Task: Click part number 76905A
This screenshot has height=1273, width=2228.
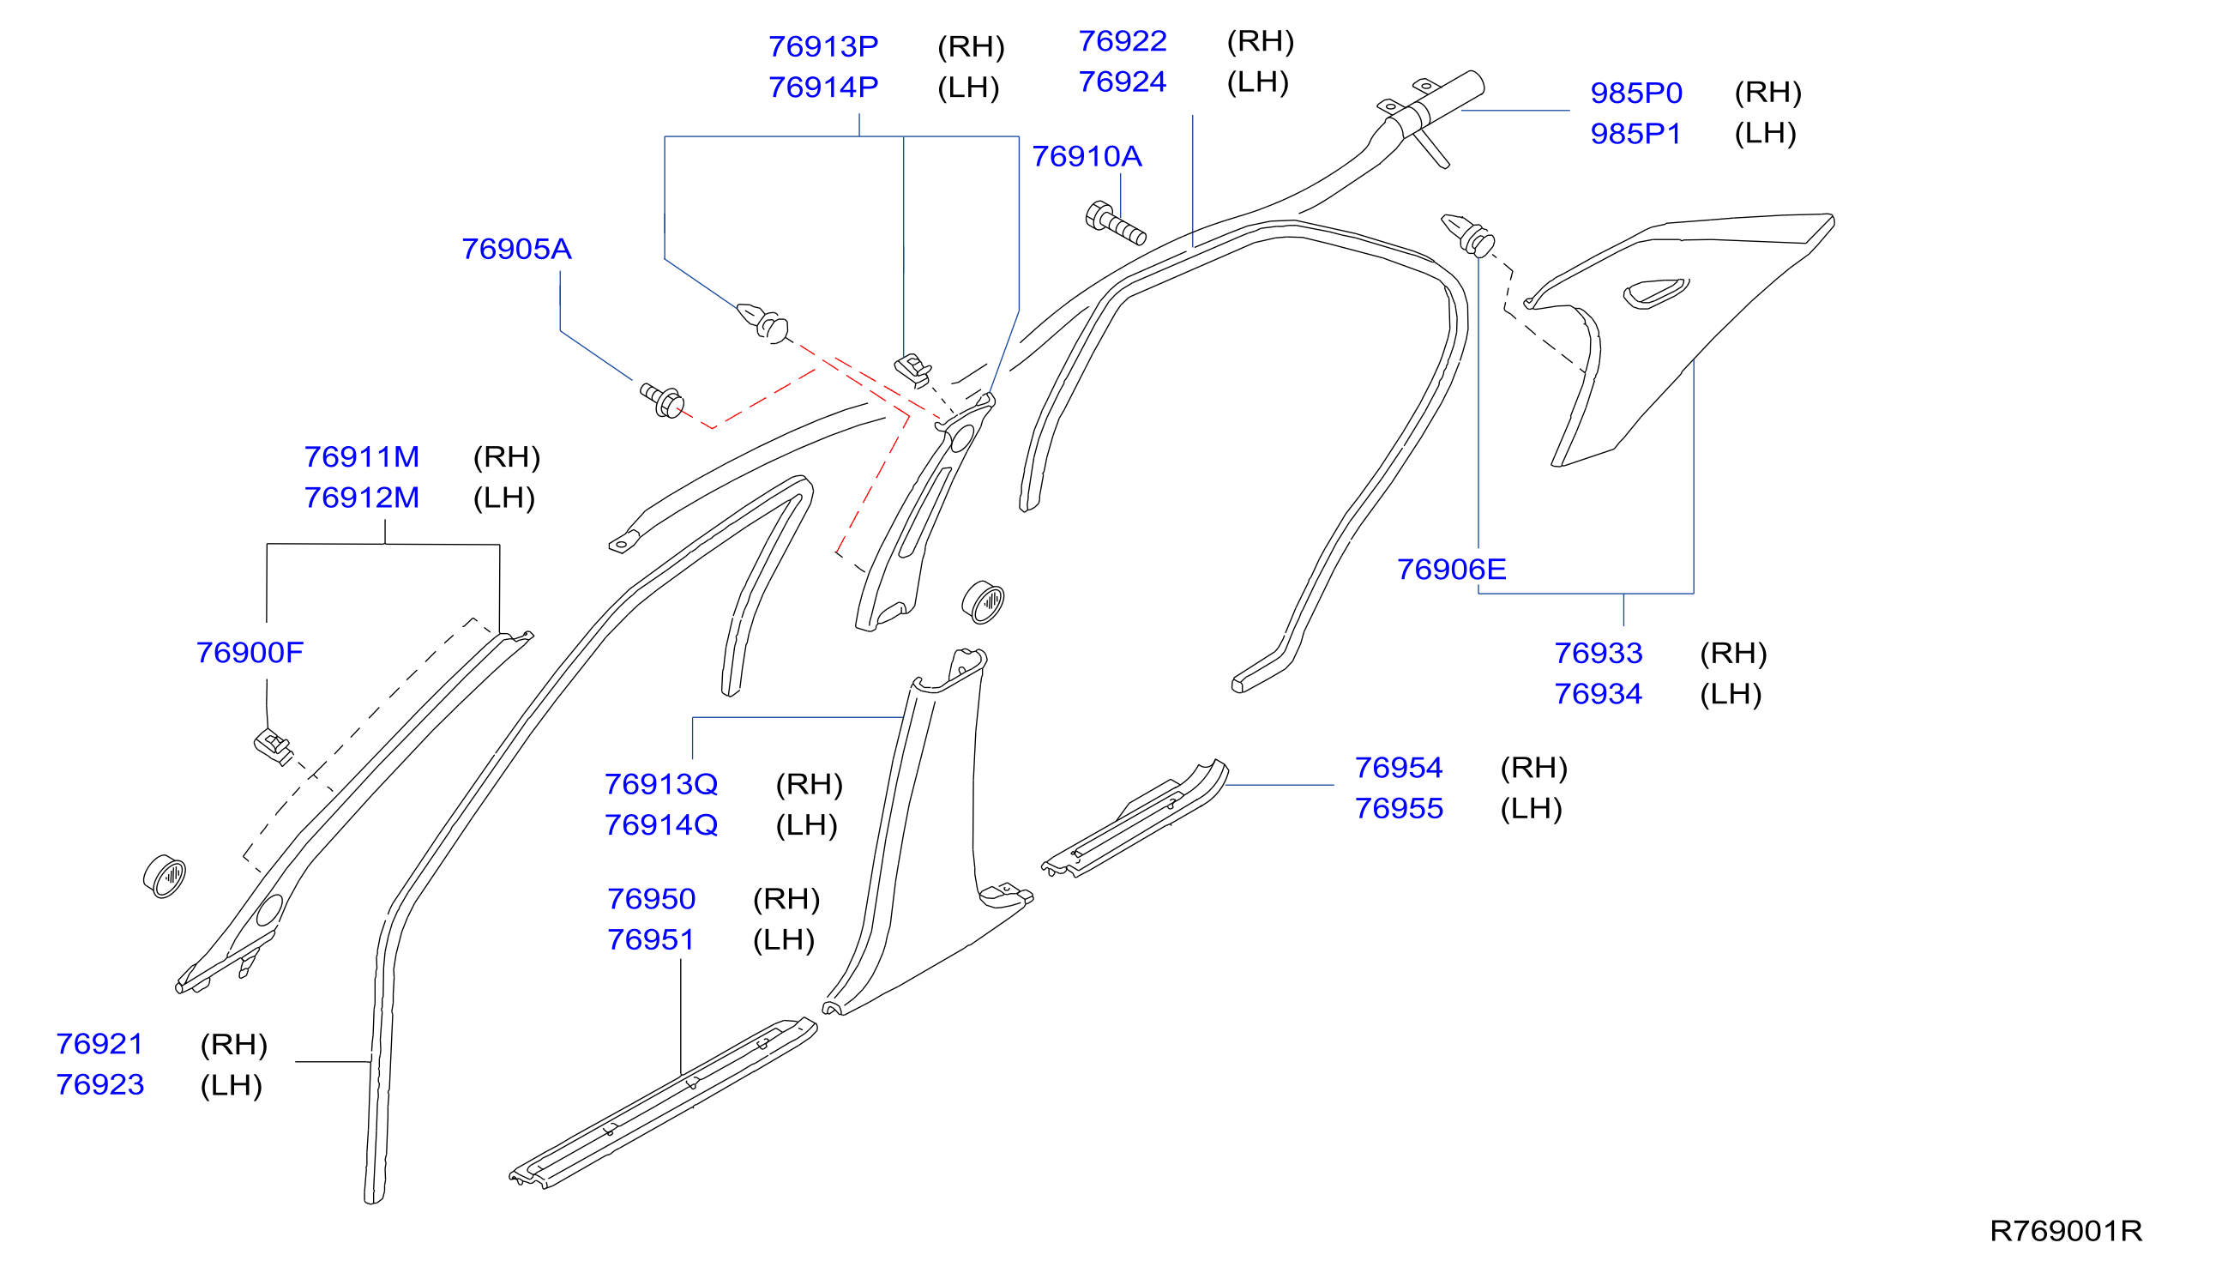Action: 515,249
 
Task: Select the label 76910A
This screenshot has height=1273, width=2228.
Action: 1087,156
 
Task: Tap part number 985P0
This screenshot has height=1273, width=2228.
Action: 1635,93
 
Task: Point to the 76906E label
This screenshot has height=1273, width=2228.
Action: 1451,570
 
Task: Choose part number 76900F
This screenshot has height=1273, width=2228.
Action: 249,652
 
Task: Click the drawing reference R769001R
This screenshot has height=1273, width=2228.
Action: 2065,1231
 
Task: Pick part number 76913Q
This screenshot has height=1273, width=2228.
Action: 661,784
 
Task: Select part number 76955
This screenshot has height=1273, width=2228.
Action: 1399,809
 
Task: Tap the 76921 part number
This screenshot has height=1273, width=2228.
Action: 99,1044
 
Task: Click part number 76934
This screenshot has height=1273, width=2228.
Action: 1598,694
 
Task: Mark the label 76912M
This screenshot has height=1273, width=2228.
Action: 361,498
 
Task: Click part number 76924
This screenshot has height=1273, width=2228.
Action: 1123,82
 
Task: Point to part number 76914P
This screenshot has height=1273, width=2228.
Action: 822,87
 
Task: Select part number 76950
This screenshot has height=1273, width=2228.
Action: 651,899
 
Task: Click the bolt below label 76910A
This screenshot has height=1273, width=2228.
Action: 1115,223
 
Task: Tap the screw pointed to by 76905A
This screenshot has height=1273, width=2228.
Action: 662,401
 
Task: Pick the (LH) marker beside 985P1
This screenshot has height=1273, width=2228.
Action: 1765,134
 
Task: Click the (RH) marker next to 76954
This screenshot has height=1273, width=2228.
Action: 1533,768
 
